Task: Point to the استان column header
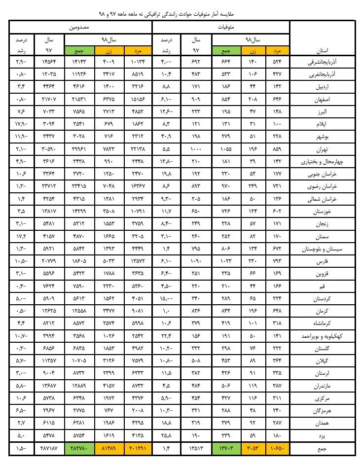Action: pyautogui.click(x=324, y=50)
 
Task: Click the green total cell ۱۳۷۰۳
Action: pyautogui.click(x=224, y=449)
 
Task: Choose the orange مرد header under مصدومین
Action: pyautogui.click(x=137, y=50)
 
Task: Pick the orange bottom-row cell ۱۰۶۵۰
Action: pyautogui.click(x=278, y=449)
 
